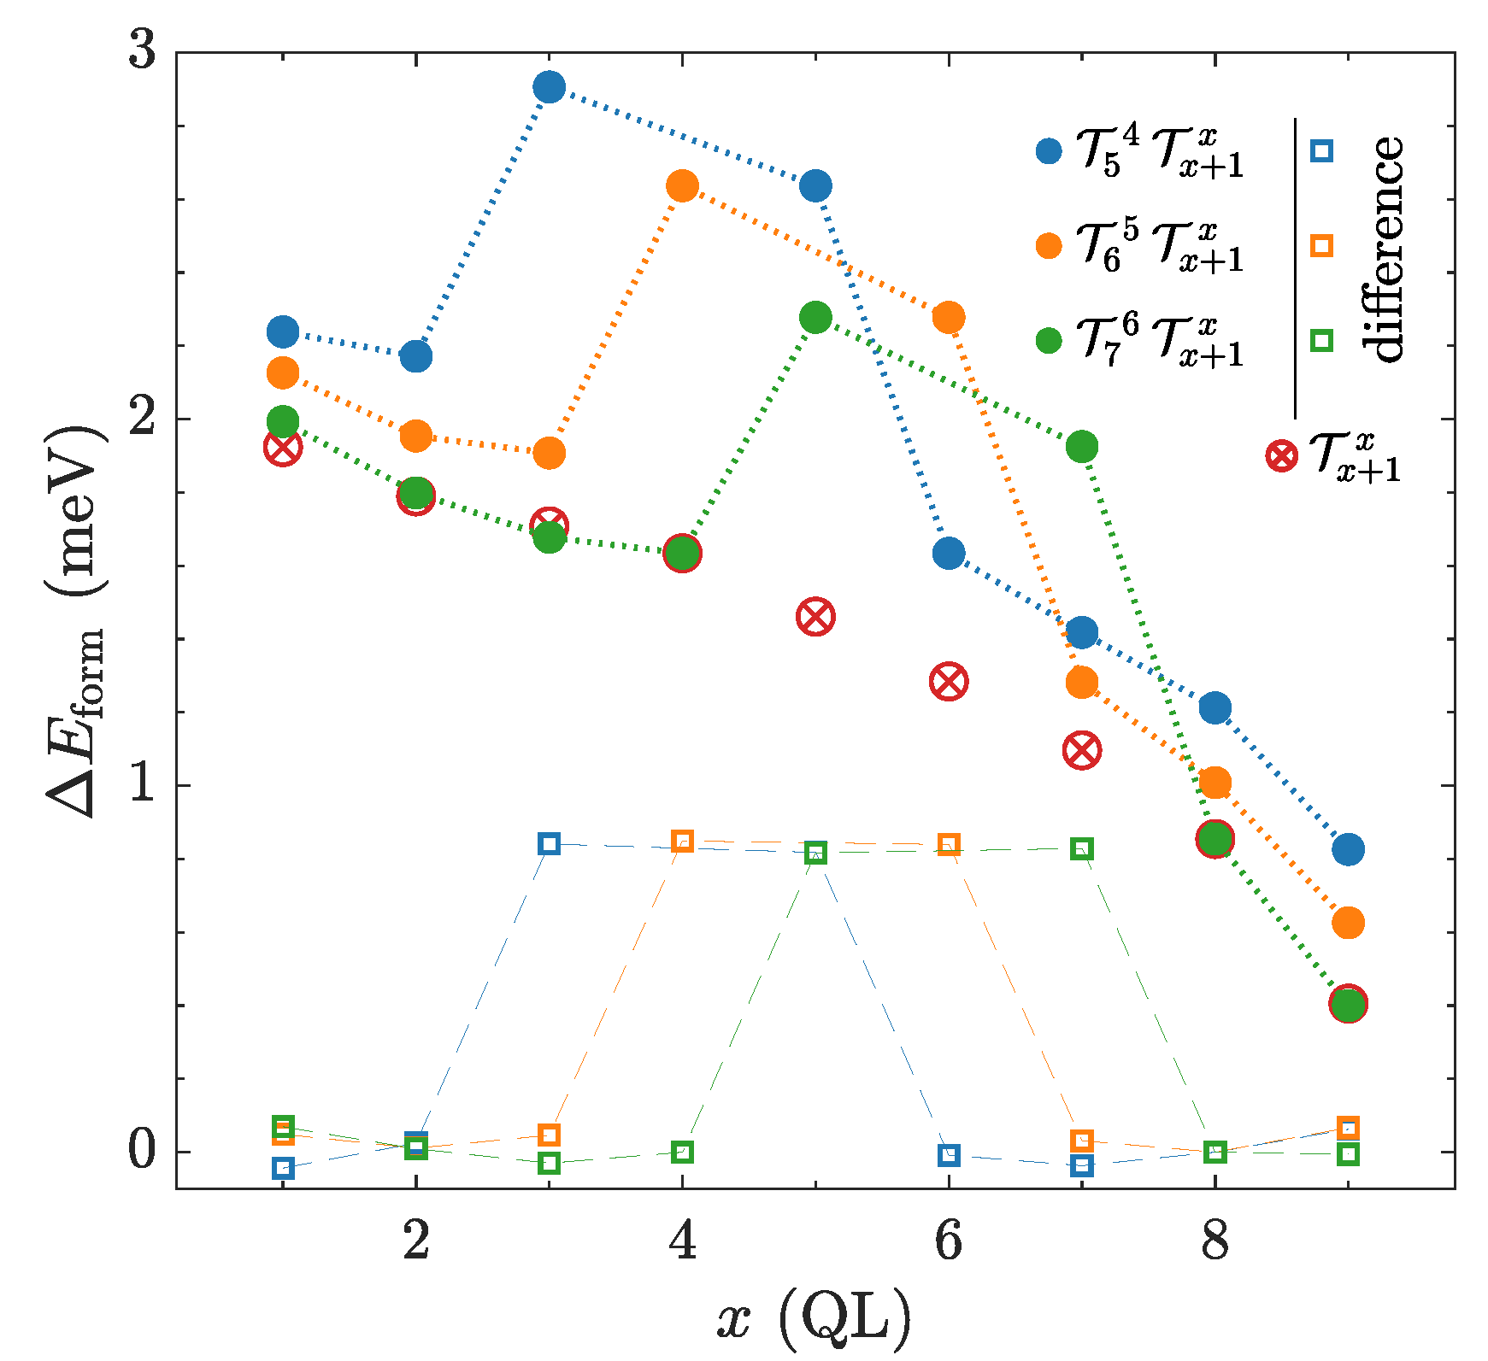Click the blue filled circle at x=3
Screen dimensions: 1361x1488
click(549, 87)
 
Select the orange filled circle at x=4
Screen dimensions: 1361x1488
click(682, 185)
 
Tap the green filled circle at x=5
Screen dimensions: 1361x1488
click(815, 318)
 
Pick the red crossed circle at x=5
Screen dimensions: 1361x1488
click(815, 617)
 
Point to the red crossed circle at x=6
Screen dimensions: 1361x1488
click(949, 682)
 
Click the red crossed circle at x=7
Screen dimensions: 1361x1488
click(1082, 751)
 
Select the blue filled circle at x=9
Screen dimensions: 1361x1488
click(1348, 849)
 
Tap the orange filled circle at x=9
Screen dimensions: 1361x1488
click(1348, 923)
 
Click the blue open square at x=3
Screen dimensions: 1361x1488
click(549, 844)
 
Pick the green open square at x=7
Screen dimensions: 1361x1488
click(1082, 848)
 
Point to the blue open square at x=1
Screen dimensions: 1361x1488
click(283, 1168)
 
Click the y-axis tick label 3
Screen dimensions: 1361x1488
click(143, 51)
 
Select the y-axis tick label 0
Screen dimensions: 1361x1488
click(143, 1151)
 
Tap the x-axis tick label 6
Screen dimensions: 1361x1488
click(949, 1242)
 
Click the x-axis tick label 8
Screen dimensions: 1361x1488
click(1215, 1242)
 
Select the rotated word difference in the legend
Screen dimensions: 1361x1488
click(1383, 249)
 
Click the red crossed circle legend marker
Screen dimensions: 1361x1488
click(1281, 455)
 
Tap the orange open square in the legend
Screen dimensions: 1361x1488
click(1321, 246)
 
